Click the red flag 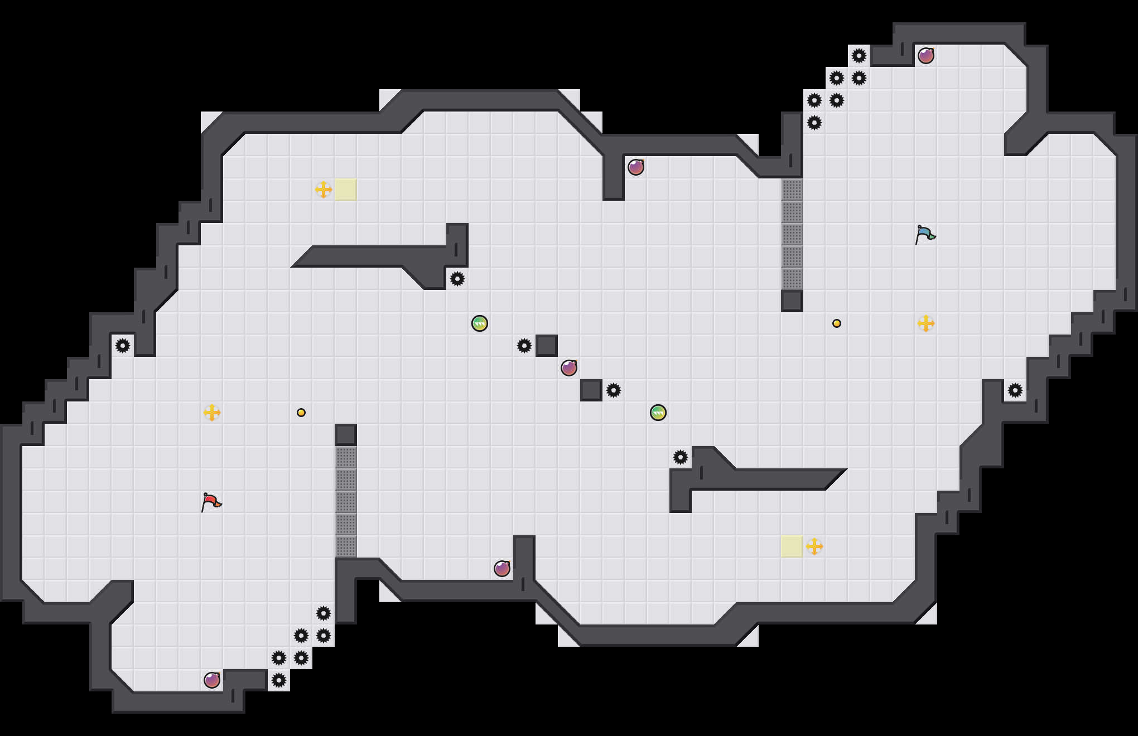(211, 502)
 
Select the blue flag (925, 234)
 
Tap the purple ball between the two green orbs (569, 368)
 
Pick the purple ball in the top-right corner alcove (926, 56)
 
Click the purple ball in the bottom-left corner (212, 680)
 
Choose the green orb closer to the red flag (480, 323)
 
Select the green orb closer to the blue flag (658, 413)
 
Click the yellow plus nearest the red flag (212, 413)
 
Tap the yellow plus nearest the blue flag (926, 323)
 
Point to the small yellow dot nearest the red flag (301, 413)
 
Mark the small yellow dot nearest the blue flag (837, 323)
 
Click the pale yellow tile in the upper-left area (346, 190)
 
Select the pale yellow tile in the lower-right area (792, 546)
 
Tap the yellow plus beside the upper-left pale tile (324, 190)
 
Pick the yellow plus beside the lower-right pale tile (814, 546)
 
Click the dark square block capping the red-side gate (346, 435)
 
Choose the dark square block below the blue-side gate (792, 301)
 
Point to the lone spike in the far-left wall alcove (123, 346)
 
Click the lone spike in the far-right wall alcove (1015, 390)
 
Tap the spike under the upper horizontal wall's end (457, 279)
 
